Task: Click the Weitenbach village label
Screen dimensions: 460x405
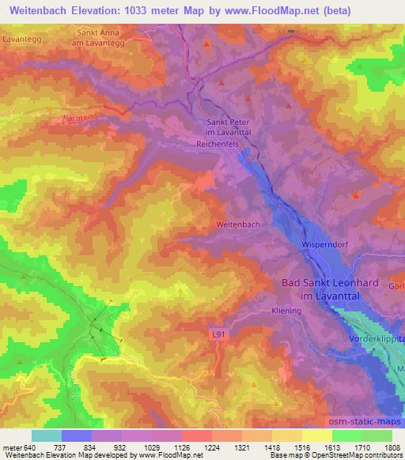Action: click(x=237, y=224)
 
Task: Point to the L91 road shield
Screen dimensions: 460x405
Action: click(x=221, y=335)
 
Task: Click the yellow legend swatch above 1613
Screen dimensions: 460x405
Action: click(x=316, y=435)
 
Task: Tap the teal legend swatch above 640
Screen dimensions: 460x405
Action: click(x=47, y=435)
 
